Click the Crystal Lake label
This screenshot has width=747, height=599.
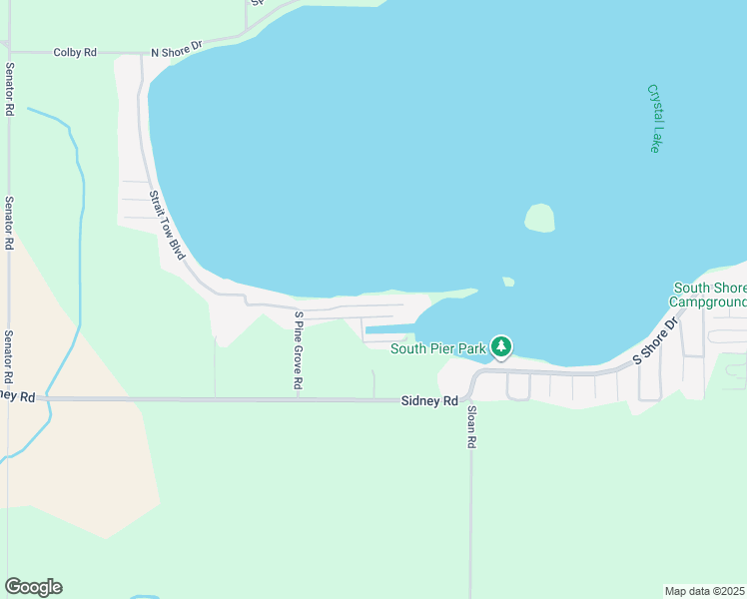point(655,118)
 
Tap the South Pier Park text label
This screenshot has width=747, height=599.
point(437,348)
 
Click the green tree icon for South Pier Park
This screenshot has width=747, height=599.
point(501,346)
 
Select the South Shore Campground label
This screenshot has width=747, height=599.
point(708,295)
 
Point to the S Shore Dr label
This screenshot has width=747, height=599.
point(655,341)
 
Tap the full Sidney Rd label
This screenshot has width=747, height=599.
point(429,400)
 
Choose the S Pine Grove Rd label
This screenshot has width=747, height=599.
point(299,349)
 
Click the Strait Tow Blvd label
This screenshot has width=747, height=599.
point(168,226)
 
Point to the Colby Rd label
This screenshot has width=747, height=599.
point(75,52)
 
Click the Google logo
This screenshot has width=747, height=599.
point(33,587)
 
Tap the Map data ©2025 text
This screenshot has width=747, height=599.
point(704,591)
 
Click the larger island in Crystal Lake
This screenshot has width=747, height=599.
point(539,218)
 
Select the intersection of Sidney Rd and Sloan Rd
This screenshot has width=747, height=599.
point(470,399)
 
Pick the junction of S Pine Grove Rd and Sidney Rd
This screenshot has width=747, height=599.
point(299,398)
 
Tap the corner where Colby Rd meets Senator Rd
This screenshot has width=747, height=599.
point(8,52)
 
